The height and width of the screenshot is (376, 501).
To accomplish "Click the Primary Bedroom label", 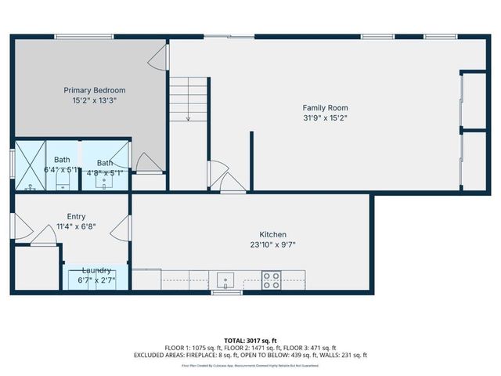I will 94,90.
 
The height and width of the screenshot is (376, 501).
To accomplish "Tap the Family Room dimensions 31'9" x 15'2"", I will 325,118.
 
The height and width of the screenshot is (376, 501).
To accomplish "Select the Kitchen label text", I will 273,234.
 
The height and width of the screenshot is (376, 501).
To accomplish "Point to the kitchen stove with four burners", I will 272,280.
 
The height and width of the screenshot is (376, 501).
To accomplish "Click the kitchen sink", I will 225,280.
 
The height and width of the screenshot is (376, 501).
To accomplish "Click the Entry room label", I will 76,217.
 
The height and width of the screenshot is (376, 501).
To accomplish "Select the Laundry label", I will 96,269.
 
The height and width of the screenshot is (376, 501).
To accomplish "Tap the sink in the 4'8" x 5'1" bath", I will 105,183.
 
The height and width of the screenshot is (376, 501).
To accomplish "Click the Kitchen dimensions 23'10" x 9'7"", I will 273,244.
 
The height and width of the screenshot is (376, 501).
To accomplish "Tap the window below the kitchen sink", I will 225,293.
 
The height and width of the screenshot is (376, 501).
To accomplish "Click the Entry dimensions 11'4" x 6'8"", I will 76,227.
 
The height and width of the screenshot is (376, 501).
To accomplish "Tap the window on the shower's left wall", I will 12,165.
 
